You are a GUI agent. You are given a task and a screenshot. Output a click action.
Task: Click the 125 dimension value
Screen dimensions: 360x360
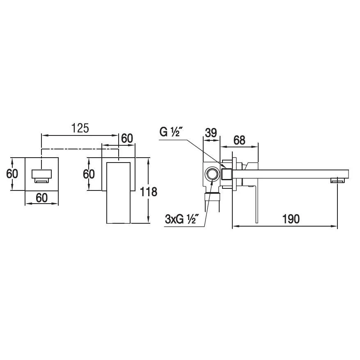(x=80, y=128)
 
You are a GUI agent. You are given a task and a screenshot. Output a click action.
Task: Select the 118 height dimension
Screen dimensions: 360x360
(x=149, y=192)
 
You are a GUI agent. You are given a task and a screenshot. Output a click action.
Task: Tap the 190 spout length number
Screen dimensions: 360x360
(x=291, y=219)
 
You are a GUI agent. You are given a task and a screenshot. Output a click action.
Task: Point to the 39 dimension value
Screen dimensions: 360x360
(x=211, y=133)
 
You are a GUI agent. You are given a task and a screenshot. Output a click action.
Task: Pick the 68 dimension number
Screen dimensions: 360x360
(x=239, y=140)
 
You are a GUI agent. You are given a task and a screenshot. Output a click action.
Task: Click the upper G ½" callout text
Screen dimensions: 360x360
(x=169, y=132)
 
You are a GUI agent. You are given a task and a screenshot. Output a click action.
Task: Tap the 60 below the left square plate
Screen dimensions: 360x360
(x=42, y=198)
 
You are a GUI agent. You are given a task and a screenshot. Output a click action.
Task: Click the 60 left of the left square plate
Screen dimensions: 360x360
(x=12, y=174)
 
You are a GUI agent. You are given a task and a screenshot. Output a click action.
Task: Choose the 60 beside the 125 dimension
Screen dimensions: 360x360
(x=127, y=138)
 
